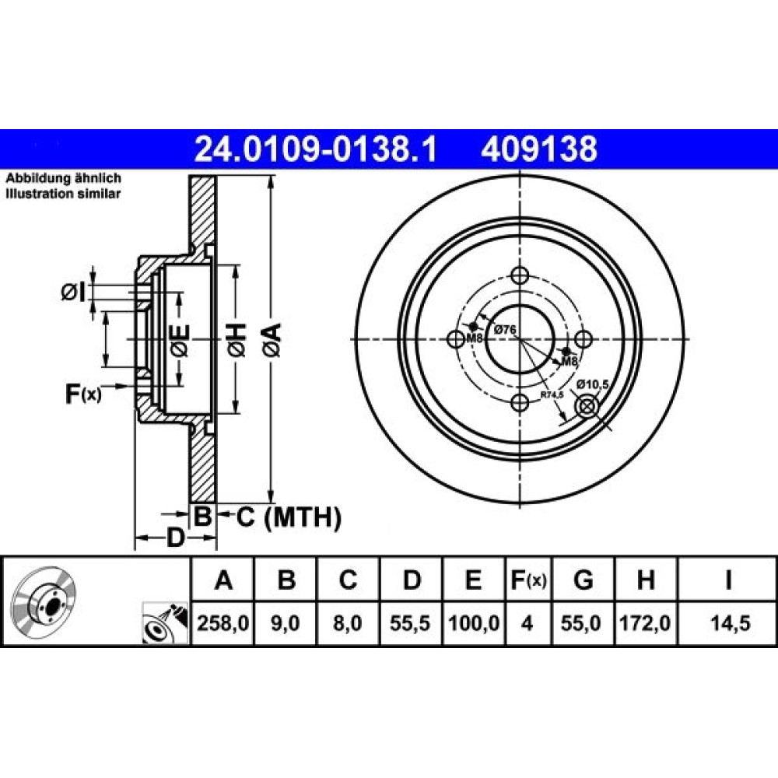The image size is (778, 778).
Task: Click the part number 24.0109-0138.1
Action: [x=316, y=149]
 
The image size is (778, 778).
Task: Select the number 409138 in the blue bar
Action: [x=539, y=149]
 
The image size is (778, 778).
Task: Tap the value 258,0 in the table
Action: [x=223, y=623]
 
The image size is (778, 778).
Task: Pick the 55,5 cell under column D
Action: [x=410, y=623]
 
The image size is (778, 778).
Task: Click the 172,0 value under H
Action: [x=646, y=623]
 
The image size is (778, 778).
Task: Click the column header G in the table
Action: [x=583, y=580]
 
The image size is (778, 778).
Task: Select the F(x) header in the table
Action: [x=528, y=580]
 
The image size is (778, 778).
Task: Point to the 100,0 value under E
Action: [x=473, y=623]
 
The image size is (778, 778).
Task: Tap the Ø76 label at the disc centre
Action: [x=505, y=329]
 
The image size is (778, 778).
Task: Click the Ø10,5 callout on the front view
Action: [x=592, y=384]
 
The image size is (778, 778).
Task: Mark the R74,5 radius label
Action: [x=552, y=395]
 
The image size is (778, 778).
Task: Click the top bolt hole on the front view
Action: [x=520, y=275]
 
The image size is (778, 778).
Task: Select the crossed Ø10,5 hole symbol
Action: [x=586, y=407]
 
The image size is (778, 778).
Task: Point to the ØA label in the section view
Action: [x=274, y=340]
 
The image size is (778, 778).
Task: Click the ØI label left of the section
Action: [x=74, y=293]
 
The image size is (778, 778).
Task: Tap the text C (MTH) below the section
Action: [x=289, y=517]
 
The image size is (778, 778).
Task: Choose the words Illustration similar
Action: [x=63, y=194]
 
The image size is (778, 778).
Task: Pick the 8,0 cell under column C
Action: [x=348, y=623]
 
